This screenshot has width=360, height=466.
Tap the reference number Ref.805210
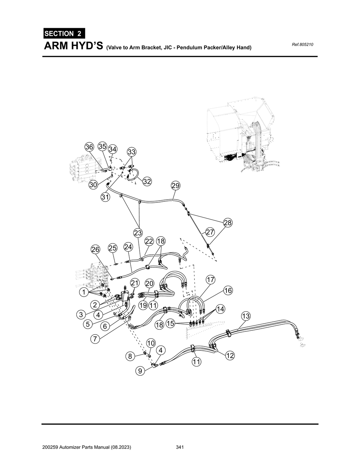click(302, 45)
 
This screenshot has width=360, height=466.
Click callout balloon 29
click(175, 186)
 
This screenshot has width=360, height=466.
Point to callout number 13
click(245, 316)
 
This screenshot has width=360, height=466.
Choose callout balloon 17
click(210, 280)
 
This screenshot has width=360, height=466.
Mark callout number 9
click(140, 370)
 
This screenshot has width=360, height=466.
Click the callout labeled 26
click(96, 249)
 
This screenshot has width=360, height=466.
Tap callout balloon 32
click(147, 182)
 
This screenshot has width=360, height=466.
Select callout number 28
click(228, 222)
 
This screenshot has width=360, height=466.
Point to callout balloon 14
click(220, 309)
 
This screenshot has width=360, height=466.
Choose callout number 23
click(137, 233)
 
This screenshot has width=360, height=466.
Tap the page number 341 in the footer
click(180, 447)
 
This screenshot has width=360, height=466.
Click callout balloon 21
click(135, 283)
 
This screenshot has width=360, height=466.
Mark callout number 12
click(230, 356)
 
